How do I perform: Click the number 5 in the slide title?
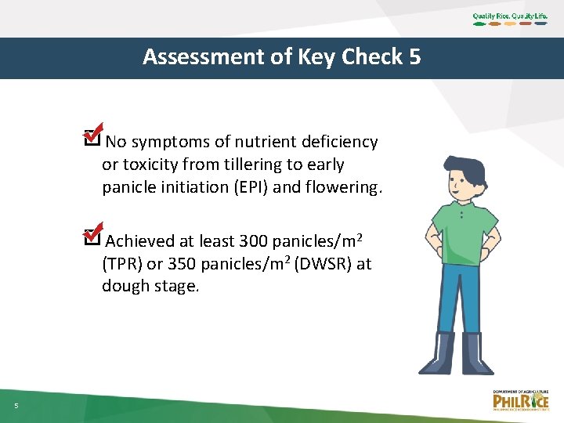414,57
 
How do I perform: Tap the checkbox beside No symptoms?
91,140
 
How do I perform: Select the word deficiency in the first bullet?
339,143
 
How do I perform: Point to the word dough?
124,287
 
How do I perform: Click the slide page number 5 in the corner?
16,405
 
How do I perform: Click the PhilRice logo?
521,400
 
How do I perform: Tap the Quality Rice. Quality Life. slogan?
510,16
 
